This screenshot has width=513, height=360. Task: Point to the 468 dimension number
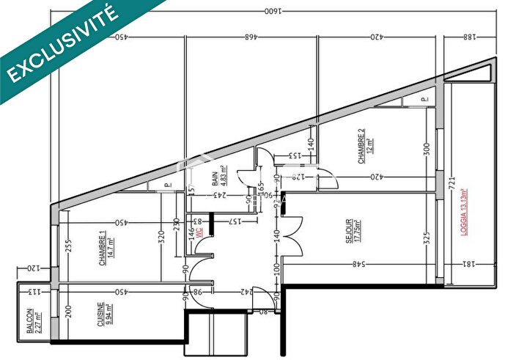coord(251,35)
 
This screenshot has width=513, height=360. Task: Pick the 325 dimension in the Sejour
coord(425,238)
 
